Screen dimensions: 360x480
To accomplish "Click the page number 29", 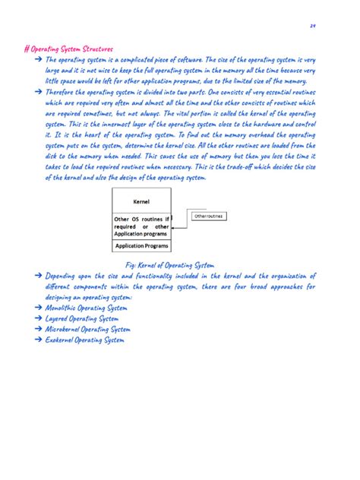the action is (312, 27).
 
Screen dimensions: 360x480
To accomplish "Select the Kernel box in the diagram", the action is (141, 203).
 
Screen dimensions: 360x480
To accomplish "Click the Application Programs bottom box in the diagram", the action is (141, 246).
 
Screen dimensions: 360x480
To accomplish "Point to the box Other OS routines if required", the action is (141, 226).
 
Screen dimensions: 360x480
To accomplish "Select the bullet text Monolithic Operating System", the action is (86, 309).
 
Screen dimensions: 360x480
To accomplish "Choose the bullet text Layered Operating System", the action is (81, 320).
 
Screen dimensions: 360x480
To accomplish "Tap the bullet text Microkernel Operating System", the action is (88, 330).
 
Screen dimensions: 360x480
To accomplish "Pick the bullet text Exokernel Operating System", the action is (84, 340).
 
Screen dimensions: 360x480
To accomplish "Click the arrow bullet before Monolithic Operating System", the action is (38, 309).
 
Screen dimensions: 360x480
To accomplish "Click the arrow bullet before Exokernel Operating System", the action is (38, 340).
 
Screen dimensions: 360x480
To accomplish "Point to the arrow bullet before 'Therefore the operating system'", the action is (38, 90).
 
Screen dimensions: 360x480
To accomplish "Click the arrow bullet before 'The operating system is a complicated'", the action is (38, 58).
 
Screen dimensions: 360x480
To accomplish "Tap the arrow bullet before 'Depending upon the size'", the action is (38, 276).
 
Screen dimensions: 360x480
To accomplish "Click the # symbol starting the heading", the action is (27, 48).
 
